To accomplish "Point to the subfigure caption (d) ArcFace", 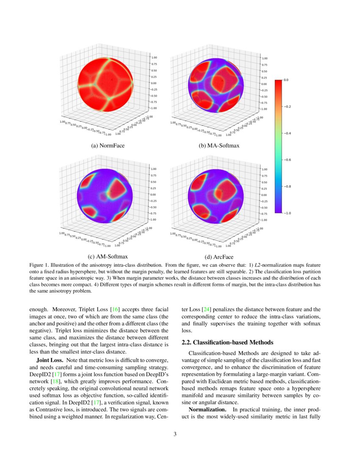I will tap(219, 257).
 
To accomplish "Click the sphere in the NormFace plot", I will tap(106, 84).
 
